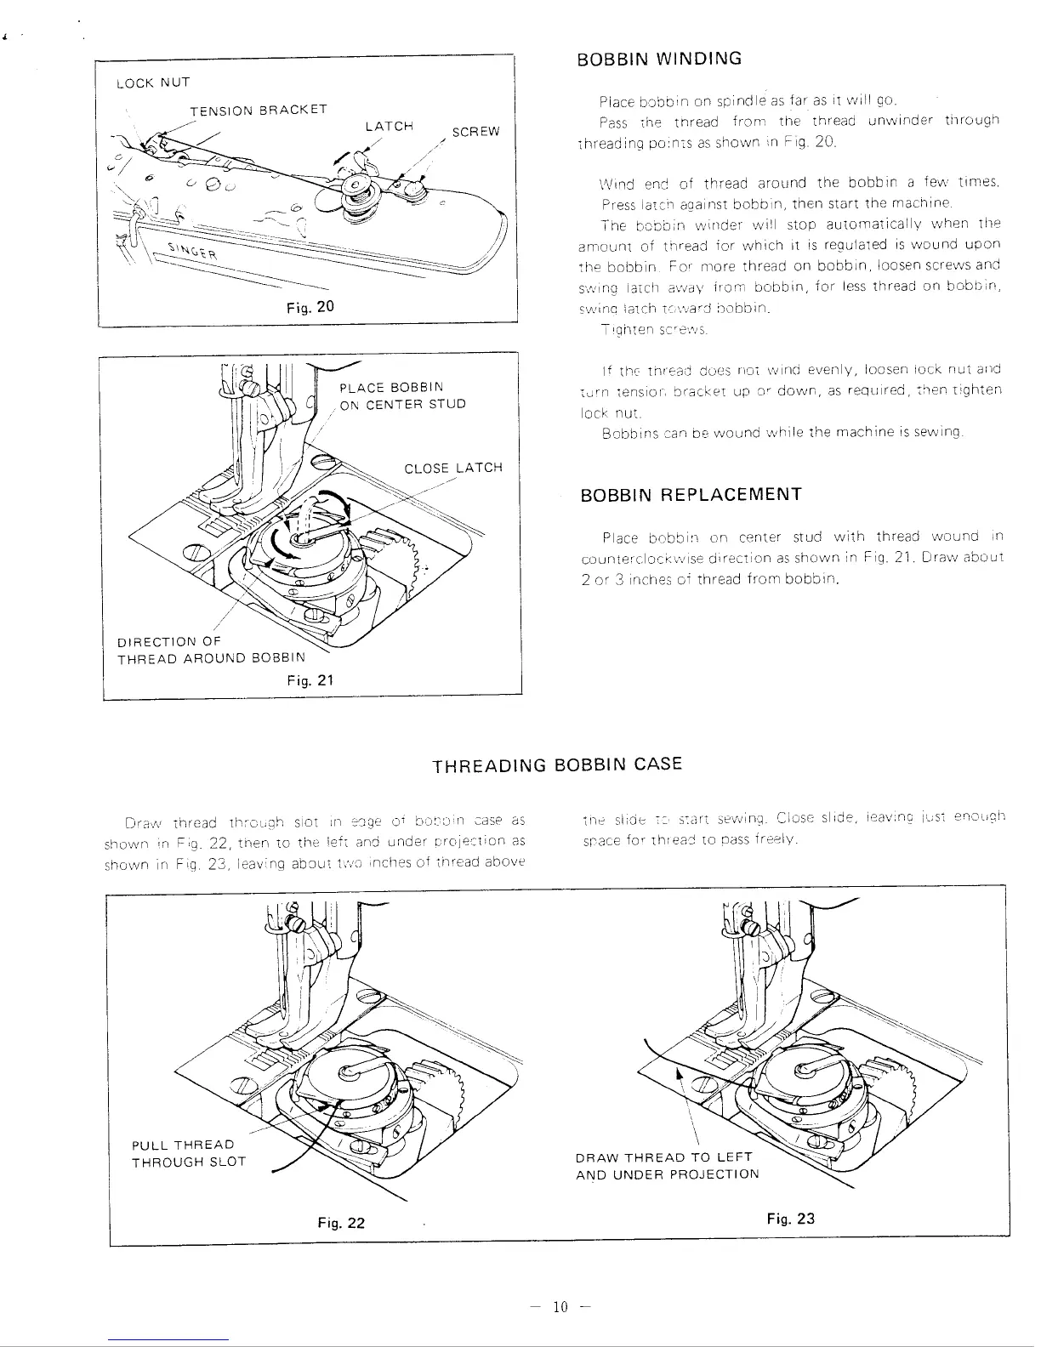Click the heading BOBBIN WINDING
pyautogui.click(x=659, y=59)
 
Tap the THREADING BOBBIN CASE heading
pyautogui.click(x=557, y=764)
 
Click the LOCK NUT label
pyautogui.click(x=154, y=82)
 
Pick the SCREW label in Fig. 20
pyautogui.click(x=476, y=132)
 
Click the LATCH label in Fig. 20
pyautogui.click(x=389, y=126)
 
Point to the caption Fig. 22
pyautogui.click(x=341, y=1222)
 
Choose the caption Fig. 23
pyautogui.click(x=790, y=1218)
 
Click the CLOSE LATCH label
pyautogui.click(x=453, y=468)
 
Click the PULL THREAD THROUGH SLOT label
pyautogui.click(x=188, y=1153)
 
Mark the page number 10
pyautogui.click(x=560, y=1307)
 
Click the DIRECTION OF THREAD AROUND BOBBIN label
pyautogui.click(x=210, y=650)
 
